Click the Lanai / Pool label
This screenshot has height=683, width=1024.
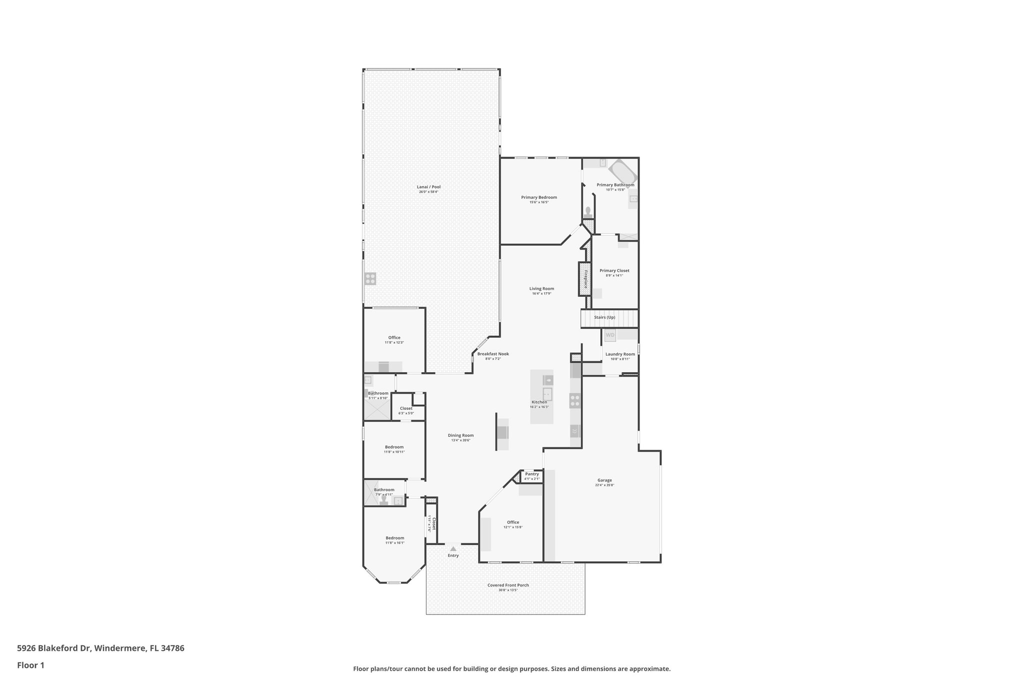[428, 187]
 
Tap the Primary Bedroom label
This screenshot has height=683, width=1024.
[538, 197]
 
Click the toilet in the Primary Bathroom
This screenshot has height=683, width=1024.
[588, 212]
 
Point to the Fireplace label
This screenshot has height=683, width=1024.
[585, 279]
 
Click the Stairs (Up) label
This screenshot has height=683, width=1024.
[604, 317]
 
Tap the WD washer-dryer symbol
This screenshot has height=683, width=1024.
[610, 335]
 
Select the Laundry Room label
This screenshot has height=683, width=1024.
[620, 354]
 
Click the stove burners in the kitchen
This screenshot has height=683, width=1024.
[575, 400]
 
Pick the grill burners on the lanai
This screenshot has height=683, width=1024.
[370, 279]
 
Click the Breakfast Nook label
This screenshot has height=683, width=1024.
[492, 354]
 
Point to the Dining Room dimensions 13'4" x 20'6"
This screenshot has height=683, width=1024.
[460, 440]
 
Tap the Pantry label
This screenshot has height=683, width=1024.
[531, 474]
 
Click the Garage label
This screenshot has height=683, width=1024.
[604, 480]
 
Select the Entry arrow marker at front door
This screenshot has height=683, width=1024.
[453, 549]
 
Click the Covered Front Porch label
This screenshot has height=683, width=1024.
[507, 585]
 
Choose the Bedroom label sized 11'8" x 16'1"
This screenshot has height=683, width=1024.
[394, 538]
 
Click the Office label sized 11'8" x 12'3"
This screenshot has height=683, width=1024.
[394, 337]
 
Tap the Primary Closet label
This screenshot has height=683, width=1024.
[614, 271]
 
